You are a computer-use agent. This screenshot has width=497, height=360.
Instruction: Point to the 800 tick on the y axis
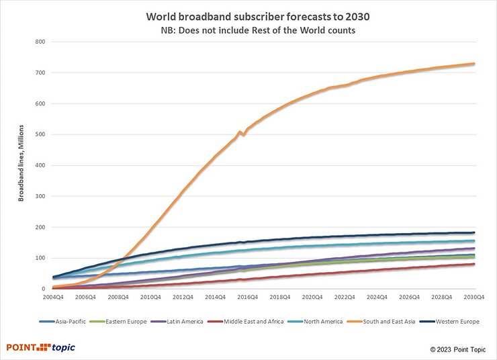(40, 42)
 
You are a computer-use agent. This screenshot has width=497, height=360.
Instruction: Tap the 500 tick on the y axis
(40, 134)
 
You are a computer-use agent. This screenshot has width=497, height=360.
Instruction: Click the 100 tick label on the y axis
(40, 258)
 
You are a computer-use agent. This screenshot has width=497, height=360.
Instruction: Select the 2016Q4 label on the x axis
(247, 296)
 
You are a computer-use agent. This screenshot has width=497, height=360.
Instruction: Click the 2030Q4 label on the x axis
(474, 296)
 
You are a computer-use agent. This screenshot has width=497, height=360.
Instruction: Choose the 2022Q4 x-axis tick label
(345, 296)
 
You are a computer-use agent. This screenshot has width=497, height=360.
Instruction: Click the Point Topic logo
(40, 347)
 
